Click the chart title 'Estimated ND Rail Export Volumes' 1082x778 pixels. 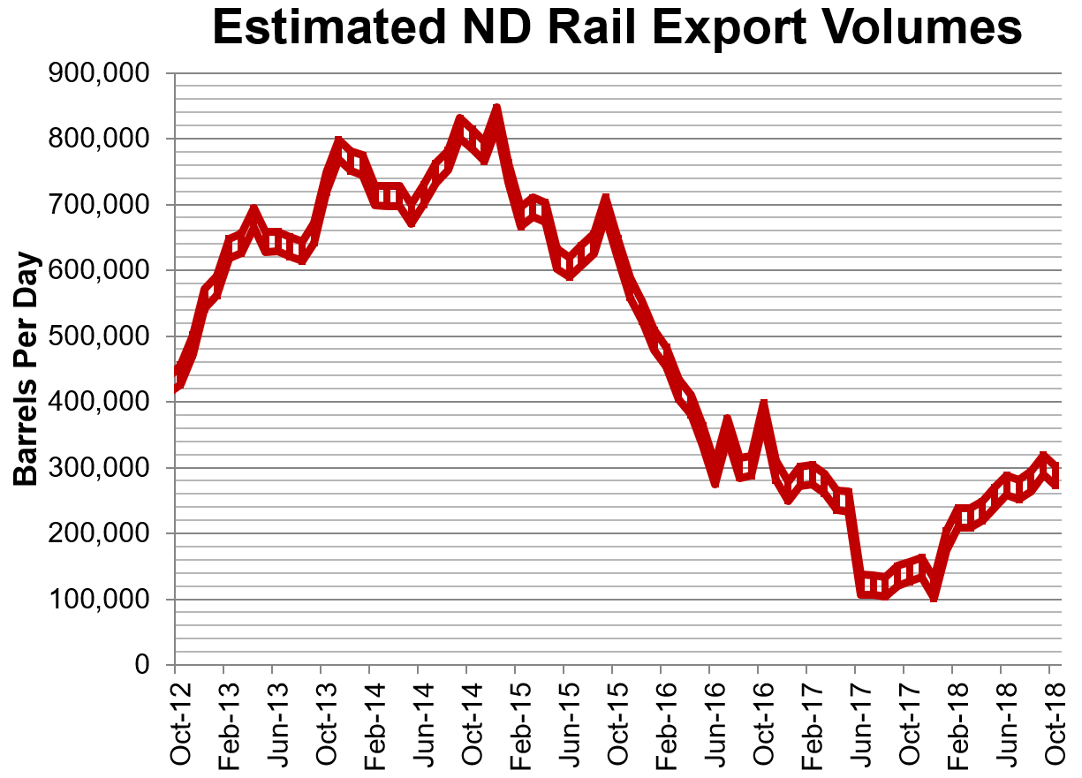coord(617,27)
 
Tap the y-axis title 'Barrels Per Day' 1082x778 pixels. coord(27,369)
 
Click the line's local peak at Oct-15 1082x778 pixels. coord(606,203)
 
